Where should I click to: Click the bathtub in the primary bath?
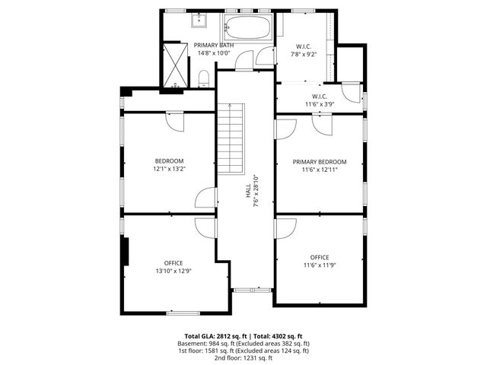pos(246,31)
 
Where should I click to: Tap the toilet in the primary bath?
pos(204,78)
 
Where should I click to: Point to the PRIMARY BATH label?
pos(213,46)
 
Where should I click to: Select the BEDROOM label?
pos(169,160)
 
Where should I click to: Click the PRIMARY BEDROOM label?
pos(320,161)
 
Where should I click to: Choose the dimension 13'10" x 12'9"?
pos(173,271)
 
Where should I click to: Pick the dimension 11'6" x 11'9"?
pos(320,265)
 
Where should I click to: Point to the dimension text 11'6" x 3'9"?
pos(316,104)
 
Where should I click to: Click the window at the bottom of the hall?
pos(245,290)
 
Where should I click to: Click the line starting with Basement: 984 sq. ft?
pos(243,344)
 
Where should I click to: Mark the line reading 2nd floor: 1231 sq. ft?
pos(243,357)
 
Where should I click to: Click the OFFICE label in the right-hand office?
pos(320,257)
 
